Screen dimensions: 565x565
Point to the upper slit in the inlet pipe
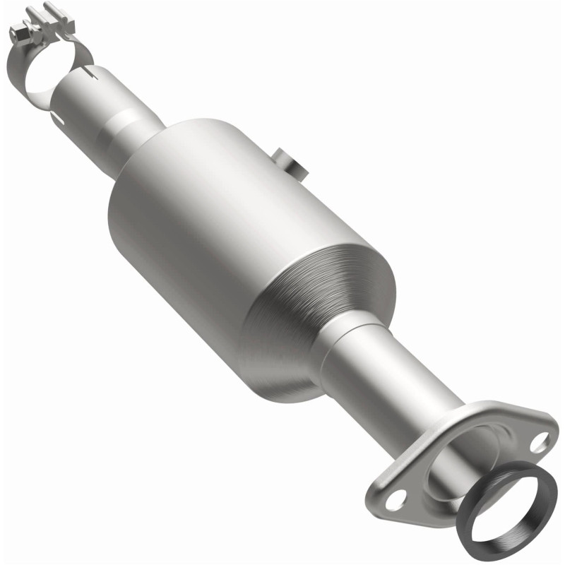point(88,71)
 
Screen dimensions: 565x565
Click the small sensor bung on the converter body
point(289,162)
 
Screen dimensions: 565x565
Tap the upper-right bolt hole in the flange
point(540,443)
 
